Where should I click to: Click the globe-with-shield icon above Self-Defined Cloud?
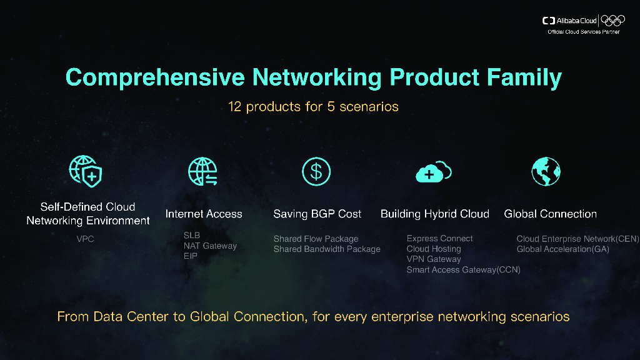point(86,171)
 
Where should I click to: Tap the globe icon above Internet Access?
point(202,171)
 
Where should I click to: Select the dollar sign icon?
point(316,171)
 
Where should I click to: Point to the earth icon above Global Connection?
point(546,171)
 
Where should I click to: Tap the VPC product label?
point(85,239)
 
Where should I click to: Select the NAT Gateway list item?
point(210,246)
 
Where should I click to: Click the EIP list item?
point(191,256)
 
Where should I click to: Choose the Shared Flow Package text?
point(316,239)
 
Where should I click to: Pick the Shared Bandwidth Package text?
point(327,249)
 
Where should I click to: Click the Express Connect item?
point(439,238)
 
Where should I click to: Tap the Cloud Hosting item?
point(434,249)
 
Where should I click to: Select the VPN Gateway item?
point(434,259)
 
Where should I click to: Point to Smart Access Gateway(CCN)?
point(463,269)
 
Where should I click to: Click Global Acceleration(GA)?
point(562,249)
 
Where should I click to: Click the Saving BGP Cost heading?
point(317,214)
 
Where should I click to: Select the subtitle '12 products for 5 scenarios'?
point(313,106)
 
